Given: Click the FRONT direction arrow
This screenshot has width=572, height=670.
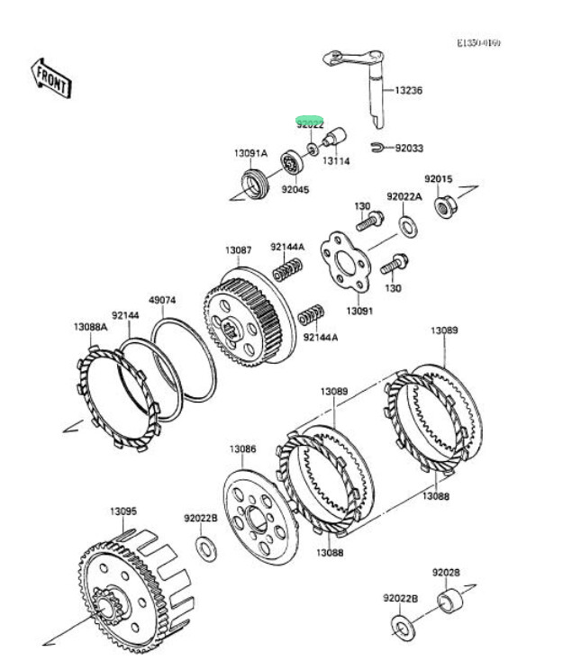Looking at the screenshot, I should tap(51, 77).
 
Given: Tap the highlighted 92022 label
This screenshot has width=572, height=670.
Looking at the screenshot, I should tap(310, 123).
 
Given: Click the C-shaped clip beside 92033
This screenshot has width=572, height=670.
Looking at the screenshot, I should tap(377, 146).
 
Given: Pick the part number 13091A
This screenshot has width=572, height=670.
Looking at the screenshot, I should tap(251, 153).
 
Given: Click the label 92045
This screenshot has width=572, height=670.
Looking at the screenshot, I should tap(295, 190).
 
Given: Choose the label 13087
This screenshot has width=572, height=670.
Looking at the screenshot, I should tap(239, 249).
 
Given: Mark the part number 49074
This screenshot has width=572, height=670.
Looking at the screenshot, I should tap(162, 301).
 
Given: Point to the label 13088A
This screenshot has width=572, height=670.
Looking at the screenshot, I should tap(90, 328).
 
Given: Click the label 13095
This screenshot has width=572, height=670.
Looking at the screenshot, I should tap(123, 512).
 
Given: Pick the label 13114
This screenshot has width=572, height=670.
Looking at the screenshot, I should tap(336, 161).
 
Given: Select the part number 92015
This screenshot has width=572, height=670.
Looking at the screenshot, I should tap(439, 180).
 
